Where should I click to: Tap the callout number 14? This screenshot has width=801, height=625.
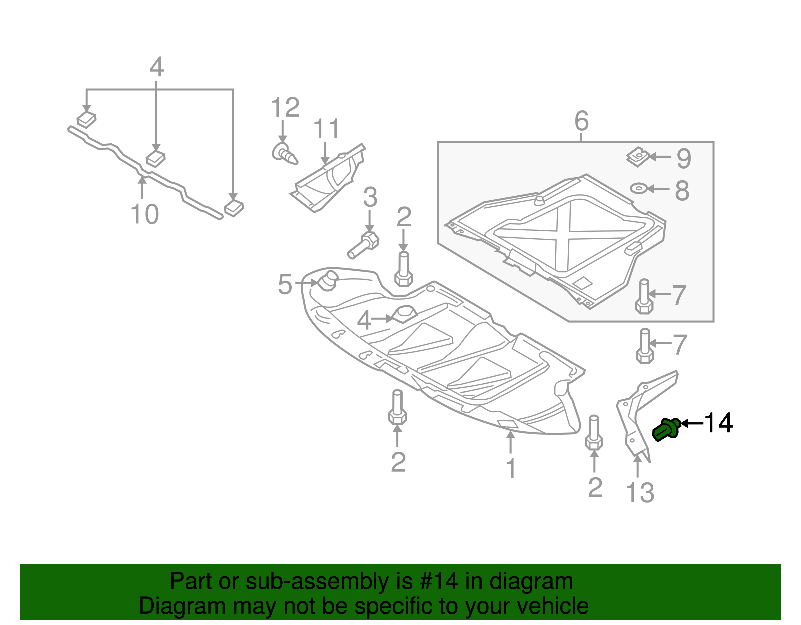click(719, 423)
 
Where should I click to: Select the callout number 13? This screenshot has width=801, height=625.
click(640, 493)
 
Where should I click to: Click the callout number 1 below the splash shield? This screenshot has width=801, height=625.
click(511, 468)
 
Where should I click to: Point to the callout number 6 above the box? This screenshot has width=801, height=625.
click(581, 121)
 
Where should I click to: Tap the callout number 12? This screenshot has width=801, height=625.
click(285, 108)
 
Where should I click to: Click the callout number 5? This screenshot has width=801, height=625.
click(285, 284)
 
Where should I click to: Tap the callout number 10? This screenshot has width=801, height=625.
click(144, 214)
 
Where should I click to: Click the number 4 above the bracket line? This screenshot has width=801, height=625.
click(157, 67)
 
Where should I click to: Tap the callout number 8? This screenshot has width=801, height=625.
click(682, 191)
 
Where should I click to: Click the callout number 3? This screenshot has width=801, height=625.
click(370, 197)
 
